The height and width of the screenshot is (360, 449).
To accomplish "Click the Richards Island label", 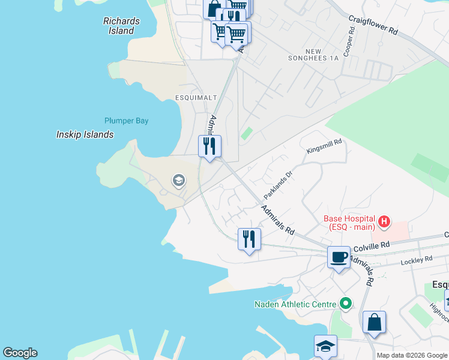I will [x=121, y=26].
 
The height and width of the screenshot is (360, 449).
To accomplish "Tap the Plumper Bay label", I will [x=126, y=121].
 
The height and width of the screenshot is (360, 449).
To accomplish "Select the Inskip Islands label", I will [x=85, y=134].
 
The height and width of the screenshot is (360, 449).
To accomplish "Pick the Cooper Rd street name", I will [x=348, y=37].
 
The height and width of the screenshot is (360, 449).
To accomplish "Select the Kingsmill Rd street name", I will [x=324, y=146].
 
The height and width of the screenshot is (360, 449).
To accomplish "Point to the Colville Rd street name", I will [x=372, y=245].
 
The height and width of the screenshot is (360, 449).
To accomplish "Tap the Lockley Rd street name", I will [x=417, y=259].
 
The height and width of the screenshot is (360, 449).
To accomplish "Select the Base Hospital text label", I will [x=349, y=223].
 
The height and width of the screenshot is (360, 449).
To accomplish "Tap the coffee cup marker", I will [x=339, y=257].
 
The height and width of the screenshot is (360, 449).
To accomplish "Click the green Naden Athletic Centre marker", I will [x=345, y=304].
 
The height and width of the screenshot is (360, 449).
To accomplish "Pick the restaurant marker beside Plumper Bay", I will [x=209, y=146].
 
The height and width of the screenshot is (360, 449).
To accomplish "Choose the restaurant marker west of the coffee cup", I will [x=249, y=239].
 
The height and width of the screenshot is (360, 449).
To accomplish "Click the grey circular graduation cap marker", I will [x=178, y=180].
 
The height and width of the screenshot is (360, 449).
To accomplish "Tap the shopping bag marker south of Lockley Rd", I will [x=374, y=322].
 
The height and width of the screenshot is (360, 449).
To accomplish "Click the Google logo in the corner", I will [x=20, y=353].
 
